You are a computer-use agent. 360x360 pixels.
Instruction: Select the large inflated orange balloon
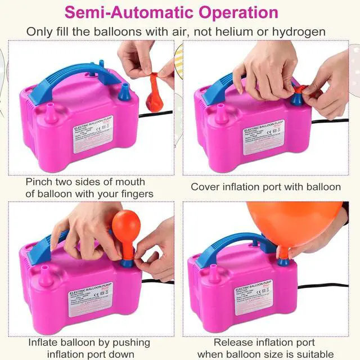[x=292, y=222]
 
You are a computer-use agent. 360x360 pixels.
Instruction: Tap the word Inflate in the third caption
[x=45, y=342]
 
